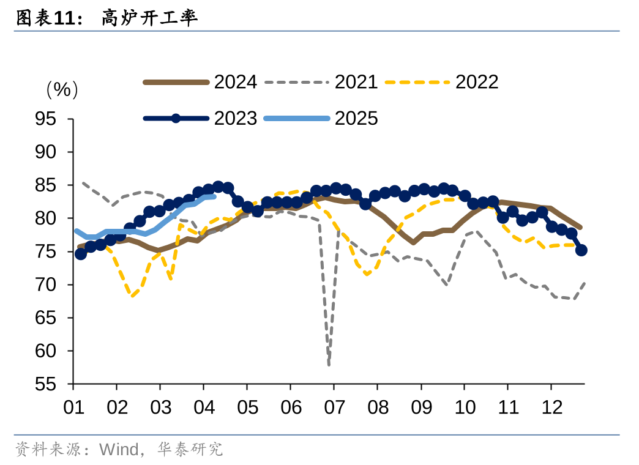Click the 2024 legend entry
(x=235, y=82)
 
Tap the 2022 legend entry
(x=477, y=82)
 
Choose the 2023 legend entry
(x=235, y=118)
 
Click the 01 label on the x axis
(x=73, y=407)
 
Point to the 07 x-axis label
(x=334, y=407)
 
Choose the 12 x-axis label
(x=551, y=407)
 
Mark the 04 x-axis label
(x=204, y=407)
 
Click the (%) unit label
(x=62, y=90)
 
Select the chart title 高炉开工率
(x=149, y=18)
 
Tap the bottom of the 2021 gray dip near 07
(x=329, y=365)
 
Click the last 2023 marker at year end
(x=581, y=250)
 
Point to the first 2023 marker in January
(x=80, y=254)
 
